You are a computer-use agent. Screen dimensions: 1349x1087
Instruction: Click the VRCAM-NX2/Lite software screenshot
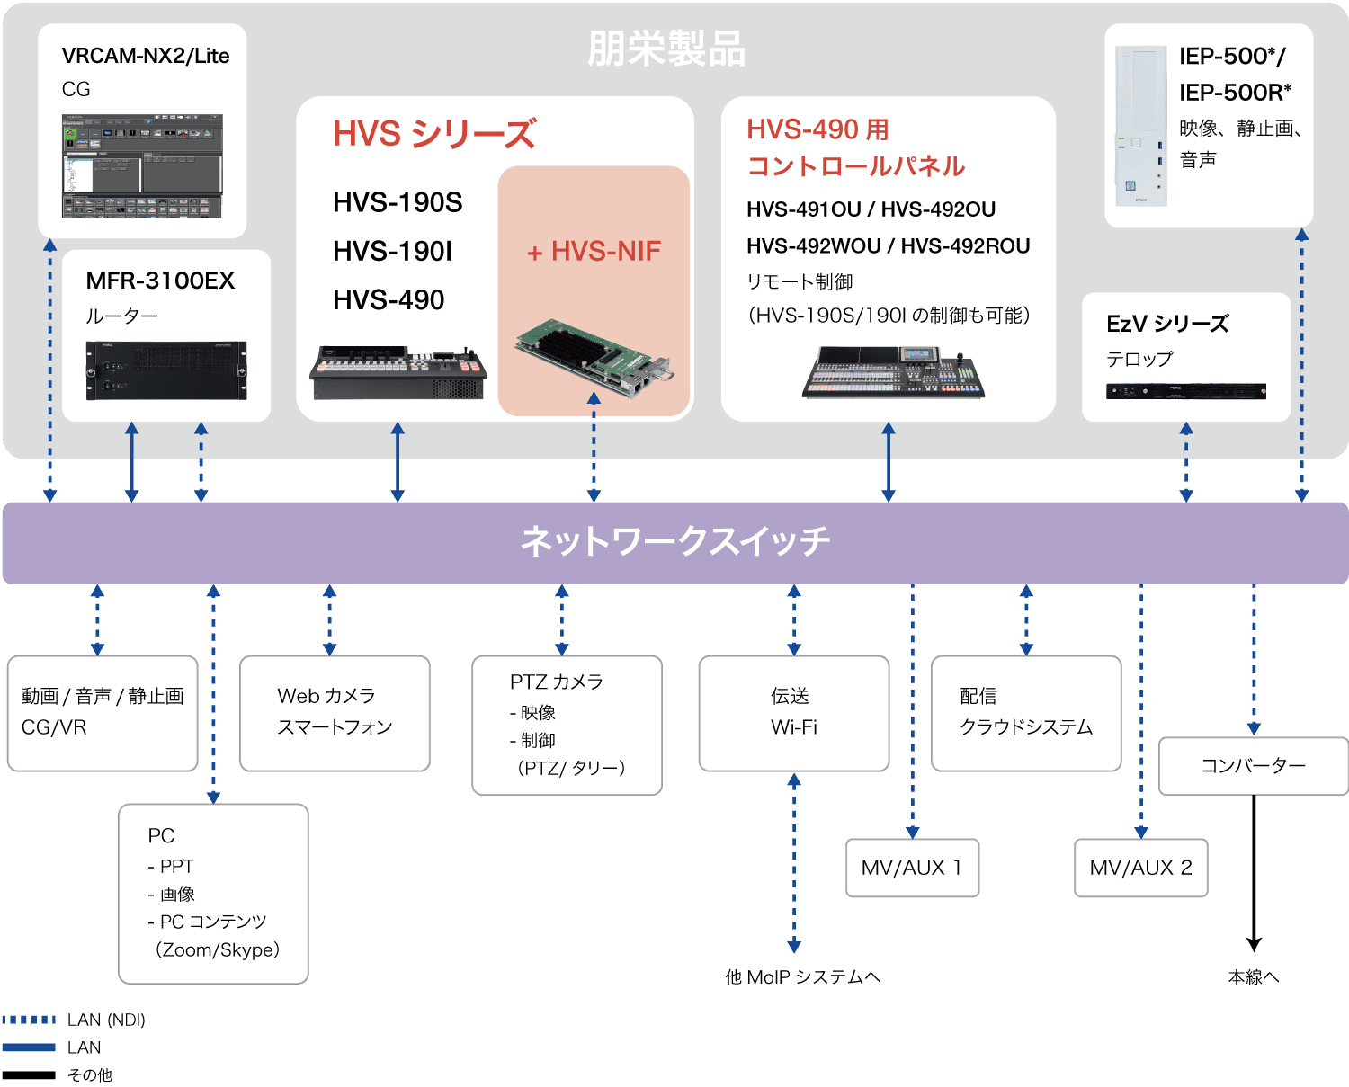click(142, 165)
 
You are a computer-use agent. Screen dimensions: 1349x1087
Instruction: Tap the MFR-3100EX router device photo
click(166, 370)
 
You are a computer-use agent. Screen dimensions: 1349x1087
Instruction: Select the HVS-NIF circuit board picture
click(594, 357)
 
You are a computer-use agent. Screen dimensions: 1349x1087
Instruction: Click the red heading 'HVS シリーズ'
click(434, 134)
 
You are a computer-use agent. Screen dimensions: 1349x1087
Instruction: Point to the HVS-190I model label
click(392, 252)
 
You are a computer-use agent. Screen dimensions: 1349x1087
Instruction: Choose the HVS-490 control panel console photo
click(893, 371)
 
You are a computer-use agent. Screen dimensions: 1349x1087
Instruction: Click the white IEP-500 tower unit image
click(1141, 125)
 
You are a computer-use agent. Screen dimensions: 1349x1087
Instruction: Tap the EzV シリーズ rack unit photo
click(1186, 391)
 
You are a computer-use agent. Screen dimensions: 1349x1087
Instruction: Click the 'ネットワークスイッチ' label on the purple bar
click(675, 541)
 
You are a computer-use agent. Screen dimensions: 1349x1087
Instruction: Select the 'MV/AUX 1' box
click(912, 868)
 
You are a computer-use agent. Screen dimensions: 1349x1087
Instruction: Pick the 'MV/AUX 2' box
click(1141, 868)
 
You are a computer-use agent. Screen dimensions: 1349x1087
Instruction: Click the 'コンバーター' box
click(1254, 766)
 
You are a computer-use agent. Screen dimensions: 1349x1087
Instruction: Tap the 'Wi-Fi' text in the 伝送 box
click(793, 727)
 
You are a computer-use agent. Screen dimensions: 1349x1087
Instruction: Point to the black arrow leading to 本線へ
click(1254, 873)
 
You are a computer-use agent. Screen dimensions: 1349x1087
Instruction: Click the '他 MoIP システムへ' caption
click(803, 976)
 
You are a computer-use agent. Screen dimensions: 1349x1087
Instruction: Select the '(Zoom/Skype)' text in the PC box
click(217, 949)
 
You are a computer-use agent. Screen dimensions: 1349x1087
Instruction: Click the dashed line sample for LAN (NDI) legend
click(29, 1020)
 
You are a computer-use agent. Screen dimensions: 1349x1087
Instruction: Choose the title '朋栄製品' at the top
click(666, 49)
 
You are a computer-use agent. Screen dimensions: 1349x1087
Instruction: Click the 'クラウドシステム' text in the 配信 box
click(1026, 727)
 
